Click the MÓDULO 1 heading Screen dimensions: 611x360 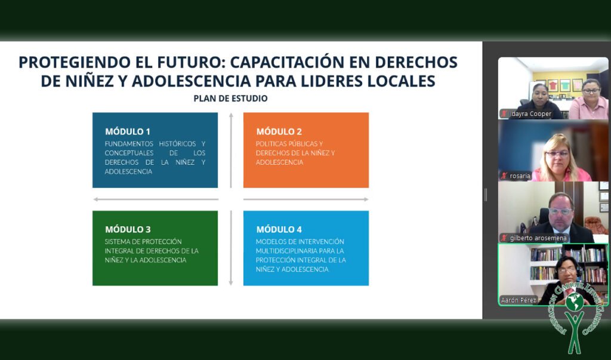pos(128,131)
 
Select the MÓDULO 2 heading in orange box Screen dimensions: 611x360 pos(279,131)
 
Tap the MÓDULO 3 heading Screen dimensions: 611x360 pos(128,229)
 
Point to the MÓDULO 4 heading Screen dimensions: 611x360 pos(279,229)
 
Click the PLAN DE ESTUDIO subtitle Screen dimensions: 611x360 pos(230,99)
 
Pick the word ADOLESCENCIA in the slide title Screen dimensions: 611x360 pos(191,81)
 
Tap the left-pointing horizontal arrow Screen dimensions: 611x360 pos(156,199)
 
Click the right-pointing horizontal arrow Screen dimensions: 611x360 pos(306,199)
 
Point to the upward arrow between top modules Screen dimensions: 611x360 pos(231,150)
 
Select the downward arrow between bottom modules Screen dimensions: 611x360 pos(231,248)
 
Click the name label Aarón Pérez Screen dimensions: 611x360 pos(519,300)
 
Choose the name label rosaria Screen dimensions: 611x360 pos(520,176)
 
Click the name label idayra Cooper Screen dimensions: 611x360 pos(530,114)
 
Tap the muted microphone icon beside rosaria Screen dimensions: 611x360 pos(504,176)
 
